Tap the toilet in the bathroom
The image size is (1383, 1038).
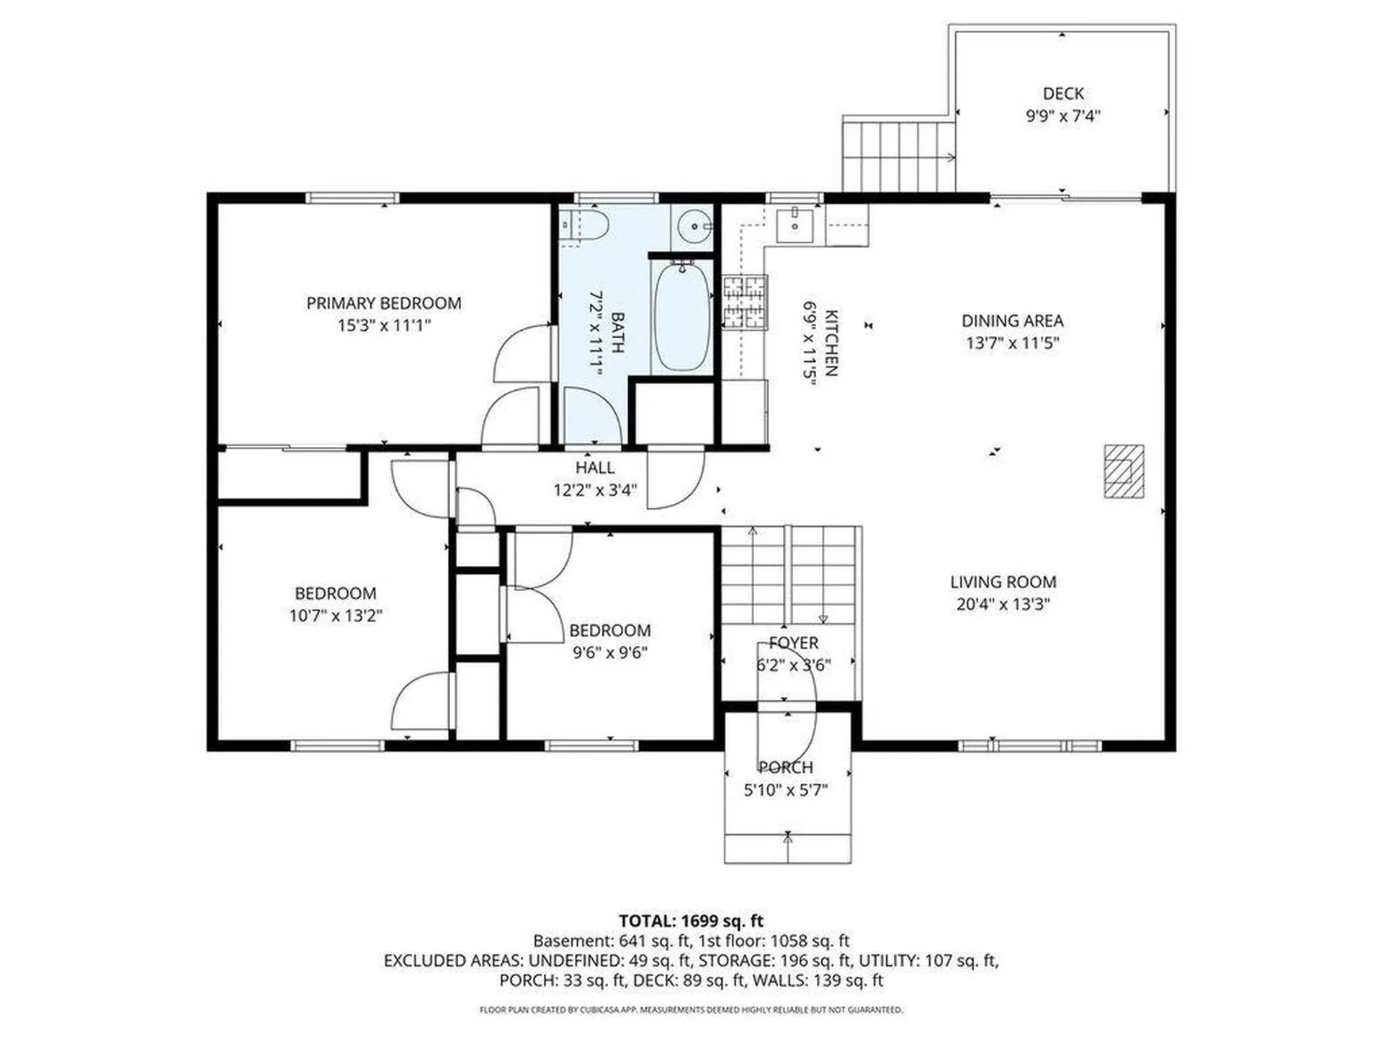588,226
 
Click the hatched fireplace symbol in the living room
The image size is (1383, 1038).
1124,471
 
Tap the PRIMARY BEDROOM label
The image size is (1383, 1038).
384,303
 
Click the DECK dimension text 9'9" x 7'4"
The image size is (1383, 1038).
1063,116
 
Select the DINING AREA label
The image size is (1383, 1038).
1012,321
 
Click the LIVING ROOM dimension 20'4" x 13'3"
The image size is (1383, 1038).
1003,604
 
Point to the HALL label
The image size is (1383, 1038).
595,468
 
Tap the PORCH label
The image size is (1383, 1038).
786,768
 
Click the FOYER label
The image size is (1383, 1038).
793,643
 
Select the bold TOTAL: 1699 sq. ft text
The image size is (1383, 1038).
691,921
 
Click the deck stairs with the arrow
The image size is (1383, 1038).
899,156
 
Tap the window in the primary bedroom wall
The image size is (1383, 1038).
352,198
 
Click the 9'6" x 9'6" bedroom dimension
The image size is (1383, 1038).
610,653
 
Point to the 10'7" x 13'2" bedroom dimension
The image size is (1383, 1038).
336,616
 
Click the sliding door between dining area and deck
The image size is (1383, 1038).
1065,197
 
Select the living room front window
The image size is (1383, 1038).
1030,745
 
